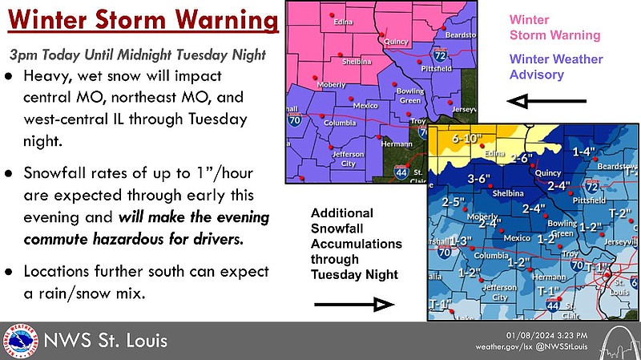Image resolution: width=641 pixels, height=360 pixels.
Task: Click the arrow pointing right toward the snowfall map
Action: click(x=353, y=304)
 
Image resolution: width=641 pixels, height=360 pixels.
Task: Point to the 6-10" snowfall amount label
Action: click(x=468, y=139)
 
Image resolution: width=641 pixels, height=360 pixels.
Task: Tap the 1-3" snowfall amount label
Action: click(x=462, y=241)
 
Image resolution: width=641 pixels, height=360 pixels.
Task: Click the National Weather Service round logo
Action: click(x=20, y=340)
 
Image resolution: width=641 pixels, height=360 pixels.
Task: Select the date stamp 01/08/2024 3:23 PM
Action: click(x=547, y=334)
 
